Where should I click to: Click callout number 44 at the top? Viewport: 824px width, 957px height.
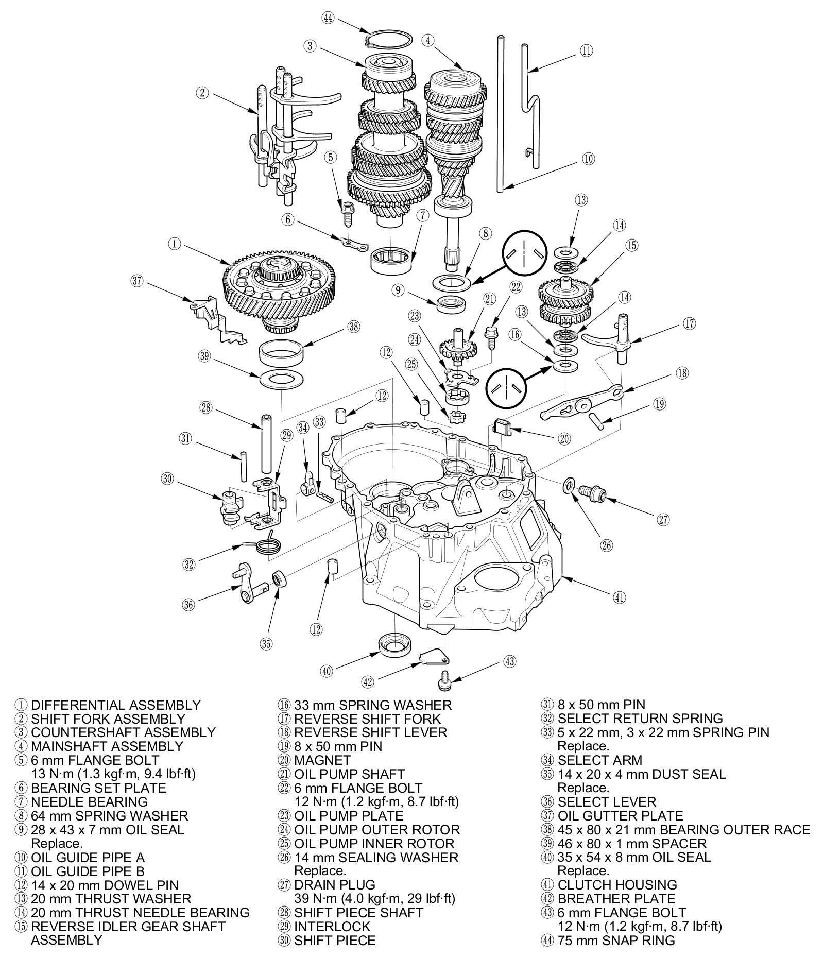tap(328, 18)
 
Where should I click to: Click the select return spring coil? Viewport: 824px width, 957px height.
tap(268, 545)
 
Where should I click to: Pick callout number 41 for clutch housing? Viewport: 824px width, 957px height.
tap(619, 597)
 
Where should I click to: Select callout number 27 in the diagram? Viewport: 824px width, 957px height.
tap(663, 520)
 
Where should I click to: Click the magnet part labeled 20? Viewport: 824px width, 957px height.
tap(502, 427)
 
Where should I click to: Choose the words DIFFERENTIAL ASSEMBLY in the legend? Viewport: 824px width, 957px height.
tap(116, 705)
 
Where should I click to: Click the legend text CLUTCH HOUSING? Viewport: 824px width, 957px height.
tap(617, 885)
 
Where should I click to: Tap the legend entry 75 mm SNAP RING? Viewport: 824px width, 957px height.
tap(616, 940)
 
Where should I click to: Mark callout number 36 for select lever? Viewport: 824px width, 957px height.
tap(189, 604)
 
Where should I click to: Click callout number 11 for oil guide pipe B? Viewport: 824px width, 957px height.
tap(587, 50)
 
